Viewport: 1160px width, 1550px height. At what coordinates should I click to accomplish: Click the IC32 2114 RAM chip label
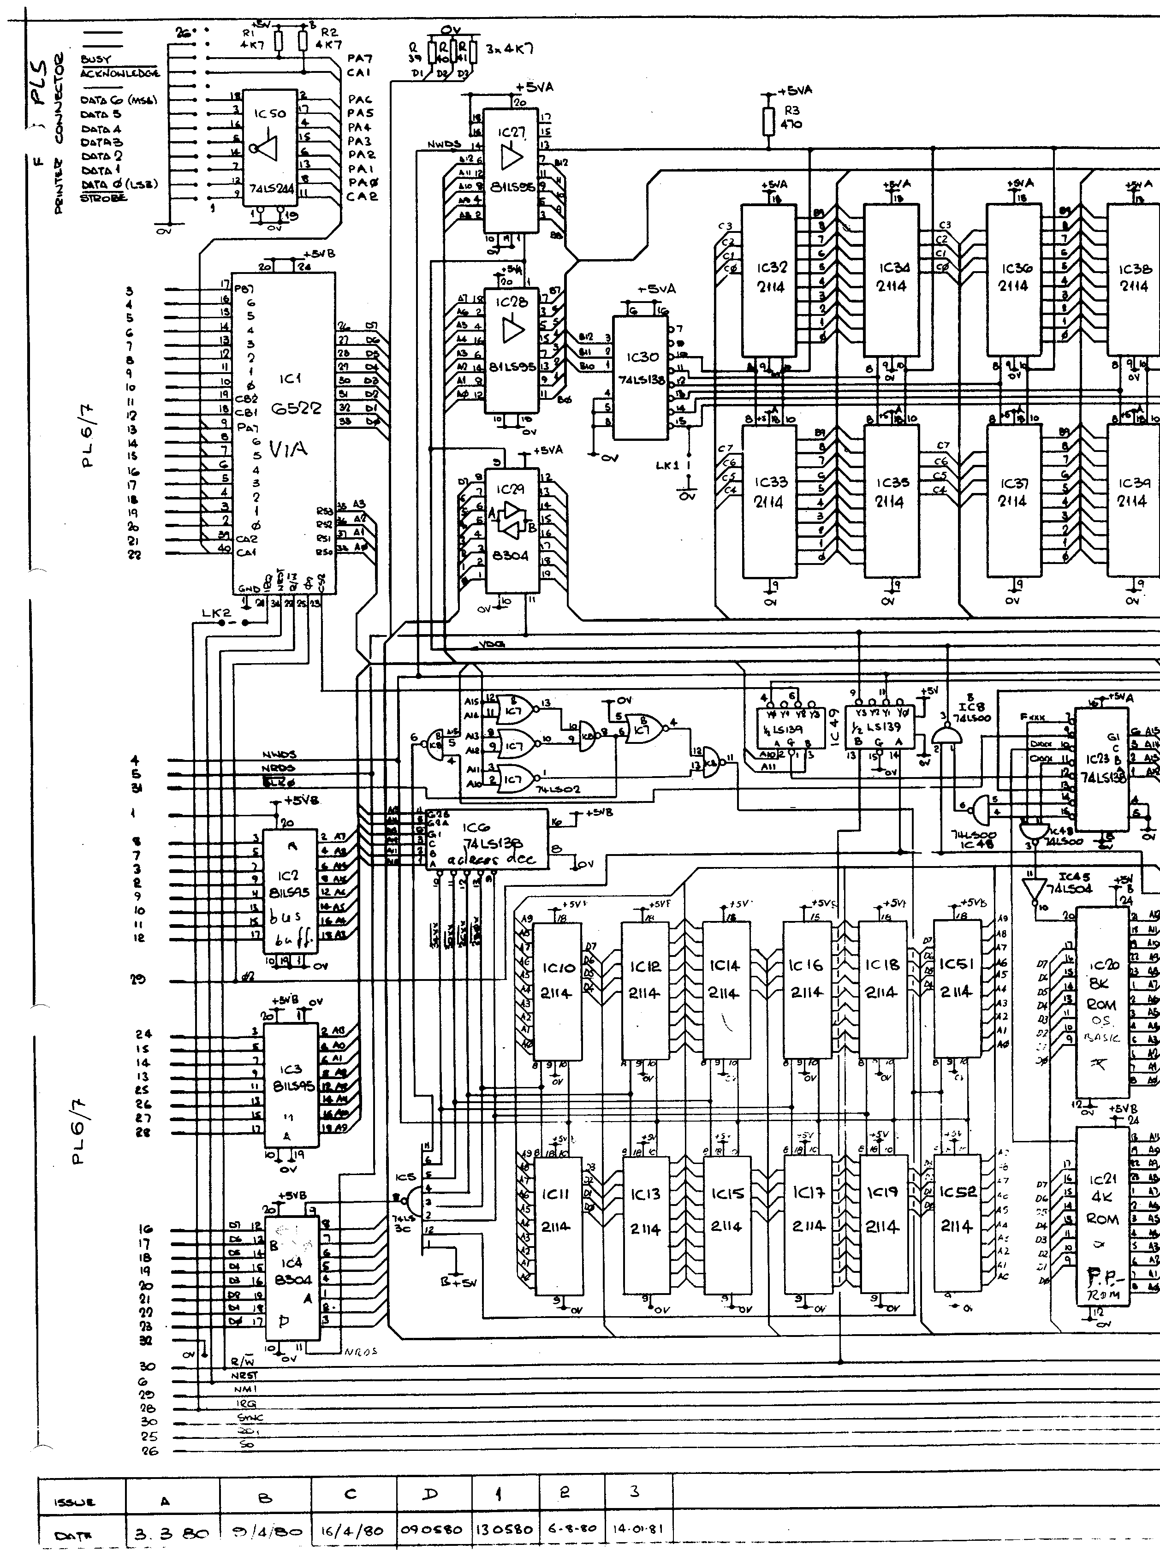770,278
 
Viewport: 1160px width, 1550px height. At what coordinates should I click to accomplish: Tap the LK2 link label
216,614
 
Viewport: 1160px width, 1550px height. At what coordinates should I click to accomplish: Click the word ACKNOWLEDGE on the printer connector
120,73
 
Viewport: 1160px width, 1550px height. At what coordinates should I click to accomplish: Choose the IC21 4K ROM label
1101,1198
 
